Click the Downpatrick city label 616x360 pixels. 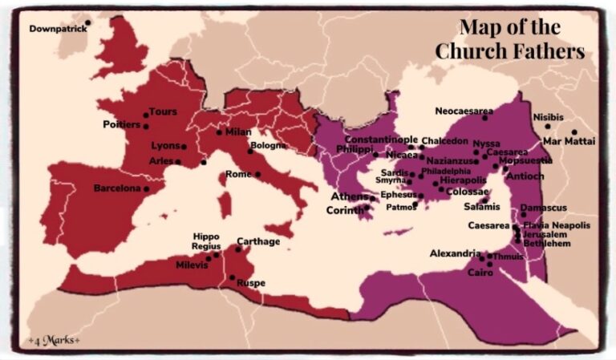pyautogui.click(x=55, y=29)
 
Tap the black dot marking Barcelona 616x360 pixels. pyautogui.click(x=147, y=189)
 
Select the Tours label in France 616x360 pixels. pyautogui.click(x=163, y=111)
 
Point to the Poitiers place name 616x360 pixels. pyautogui.click(x=121, y=124)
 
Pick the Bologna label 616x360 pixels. pyautogui.click(x=268, y=145)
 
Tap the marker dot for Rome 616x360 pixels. pyautogui.click(x=258, y=174)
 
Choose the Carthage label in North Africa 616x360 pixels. pyautogui.click(x=258, y=241)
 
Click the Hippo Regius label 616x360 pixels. pyautogui.click(x=206, y=241)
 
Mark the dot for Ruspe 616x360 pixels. pyautogui.click(x=233, y=277)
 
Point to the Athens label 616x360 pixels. pyautogui.click(x=350, y=196)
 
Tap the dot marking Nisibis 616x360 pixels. pyautogui.click(x=549, y=126)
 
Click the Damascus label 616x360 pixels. pyautogui.click(x=543, y=208)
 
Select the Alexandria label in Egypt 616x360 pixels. pyautogui.click(x=455, y=253)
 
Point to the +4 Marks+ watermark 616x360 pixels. pyautogui.click(x=54, y=339)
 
